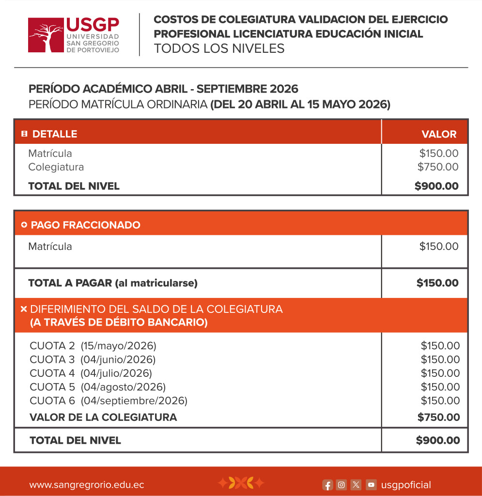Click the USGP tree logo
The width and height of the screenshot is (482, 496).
(x=46, y=35)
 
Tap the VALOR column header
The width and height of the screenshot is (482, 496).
(x=439, y=134)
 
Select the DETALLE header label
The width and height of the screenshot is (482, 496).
(x=54, y=134)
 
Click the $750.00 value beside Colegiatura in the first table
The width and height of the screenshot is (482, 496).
(x=438, y=167)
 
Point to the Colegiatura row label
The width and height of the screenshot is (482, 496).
(x=56, y=167)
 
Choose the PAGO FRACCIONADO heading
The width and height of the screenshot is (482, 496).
(x=85, y=225)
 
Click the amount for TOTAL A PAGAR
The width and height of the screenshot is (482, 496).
(x=437, y=283)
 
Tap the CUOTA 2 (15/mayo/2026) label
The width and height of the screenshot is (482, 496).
(x=93, y=346)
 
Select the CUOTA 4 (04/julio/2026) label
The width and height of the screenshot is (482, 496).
(x=91, y=373)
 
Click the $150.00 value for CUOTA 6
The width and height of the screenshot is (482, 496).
(x=440, y=401)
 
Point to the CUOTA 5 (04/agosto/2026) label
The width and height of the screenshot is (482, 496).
(x=97, y=387)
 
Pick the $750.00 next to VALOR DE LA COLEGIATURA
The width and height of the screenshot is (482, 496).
(x=438, y=417)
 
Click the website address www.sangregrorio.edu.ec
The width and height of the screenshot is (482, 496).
(x=87, y=485)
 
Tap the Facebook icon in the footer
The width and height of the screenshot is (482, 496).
(x=328, y=485)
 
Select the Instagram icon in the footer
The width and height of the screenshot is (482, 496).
(x=342, y=485)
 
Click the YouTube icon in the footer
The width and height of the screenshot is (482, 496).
(x=371, y=485)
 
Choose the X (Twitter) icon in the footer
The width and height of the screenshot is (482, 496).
(x=356, y=485)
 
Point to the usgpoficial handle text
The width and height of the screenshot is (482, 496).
(x=406, y=485)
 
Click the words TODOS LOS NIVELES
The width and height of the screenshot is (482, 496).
(x=219, y=49)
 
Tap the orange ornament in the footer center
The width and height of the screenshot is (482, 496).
(x=241, y=483)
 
